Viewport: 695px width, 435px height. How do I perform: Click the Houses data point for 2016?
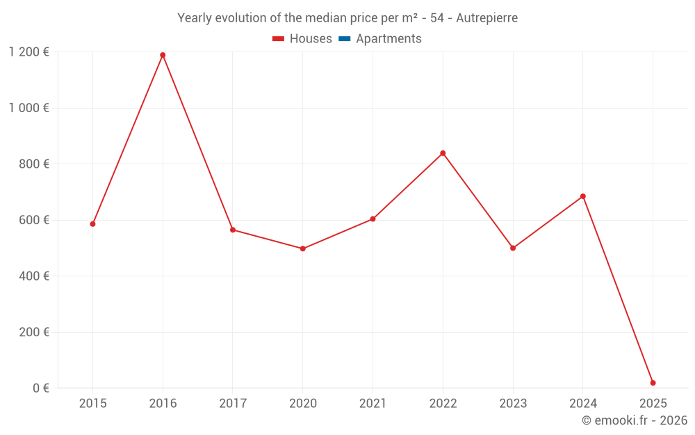(163, 55)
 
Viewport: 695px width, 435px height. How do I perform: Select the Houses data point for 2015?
(92, 224)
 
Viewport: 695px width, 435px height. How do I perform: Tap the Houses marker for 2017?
(233, 230)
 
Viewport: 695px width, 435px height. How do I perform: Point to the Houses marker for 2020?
(302, 248)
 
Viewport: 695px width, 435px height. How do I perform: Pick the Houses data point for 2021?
(373, 219)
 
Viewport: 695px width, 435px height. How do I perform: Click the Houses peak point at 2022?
(443, 153)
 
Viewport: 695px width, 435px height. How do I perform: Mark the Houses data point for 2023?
(513, 248)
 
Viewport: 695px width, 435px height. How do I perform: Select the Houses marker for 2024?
(583, 196)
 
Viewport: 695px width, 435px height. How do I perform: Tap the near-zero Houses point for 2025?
(653, 383)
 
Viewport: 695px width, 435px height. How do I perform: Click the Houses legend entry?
(302, 39)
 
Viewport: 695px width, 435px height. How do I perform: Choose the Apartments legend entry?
(380, 39)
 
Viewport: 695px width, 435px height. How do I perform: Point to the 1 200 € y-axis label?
(28, 52)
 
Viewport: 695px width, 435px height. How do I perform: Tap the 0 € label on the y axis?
(41, 388)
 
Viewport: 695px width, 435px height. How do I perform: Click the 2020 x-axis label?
(302, 404)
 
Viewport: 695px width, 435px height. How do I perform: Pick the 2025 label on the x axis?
(653, 404)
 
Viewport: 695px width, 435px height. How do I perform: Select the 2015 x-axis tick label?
(92, 404)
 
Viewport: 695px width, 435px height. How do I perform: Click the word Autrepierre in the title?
(486, 18)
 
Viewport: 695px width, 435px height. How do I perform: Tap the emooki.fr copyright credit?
(635, 420)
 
